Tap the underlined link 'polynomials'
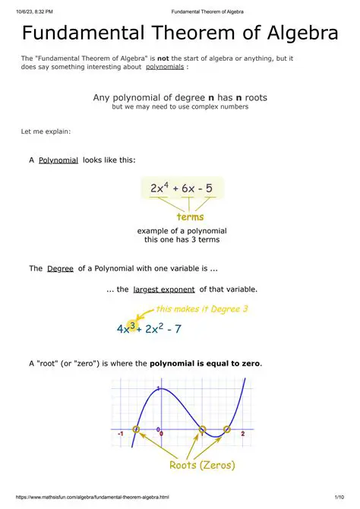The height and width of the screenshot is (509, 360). [166, 67]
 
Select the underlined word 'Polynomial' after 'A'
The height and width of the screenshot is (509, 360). [58, 160]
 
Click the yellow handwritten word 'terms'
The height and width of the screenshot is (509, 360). [190, 217]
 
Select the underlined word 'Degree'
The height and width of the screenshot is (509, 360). [60, 269]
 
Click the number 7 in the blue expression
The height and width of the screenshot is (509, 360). [178, 329]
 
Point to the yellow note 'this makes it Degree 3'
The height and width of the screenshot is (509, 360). [202, 309]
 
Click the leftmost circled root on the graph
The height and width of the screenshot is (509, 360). [137, 430]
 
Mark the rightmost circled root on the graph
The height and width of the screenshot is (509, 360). [227, 430]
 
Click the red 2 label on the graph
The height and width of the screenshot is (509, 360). [242, 433]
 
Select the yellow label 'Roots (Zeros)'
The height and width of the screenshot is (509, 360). [202, 465]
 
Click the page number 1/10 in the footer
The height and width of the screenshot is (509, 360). [348, 502]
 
